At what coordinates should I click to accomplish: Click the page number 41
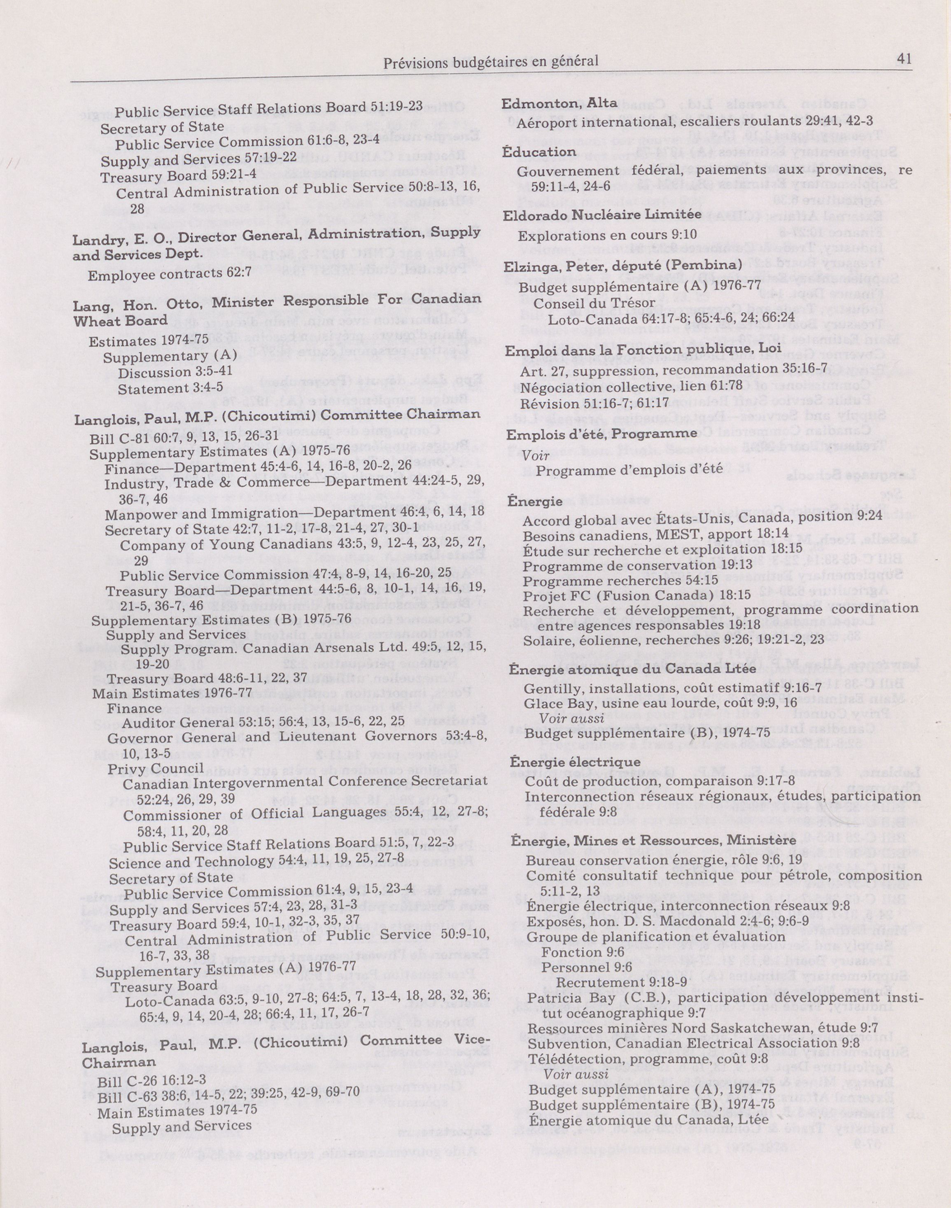(x=904, y=58)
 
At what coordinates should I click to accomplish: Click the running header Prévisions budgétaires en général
(x=491, y=62)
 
